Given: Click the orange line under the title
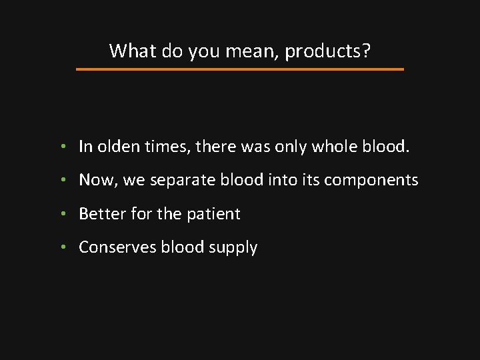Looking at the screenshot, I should point(240,69).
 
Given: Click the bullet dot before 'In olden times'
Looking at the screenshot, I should point(61,147).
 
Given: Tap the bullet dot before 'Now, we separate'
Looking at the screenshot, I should point(61,180).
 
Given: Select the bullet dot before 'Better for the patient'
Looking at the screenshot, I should point(61,214).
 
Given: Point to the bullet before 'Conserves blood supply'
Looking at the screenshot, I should point(61,247).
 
